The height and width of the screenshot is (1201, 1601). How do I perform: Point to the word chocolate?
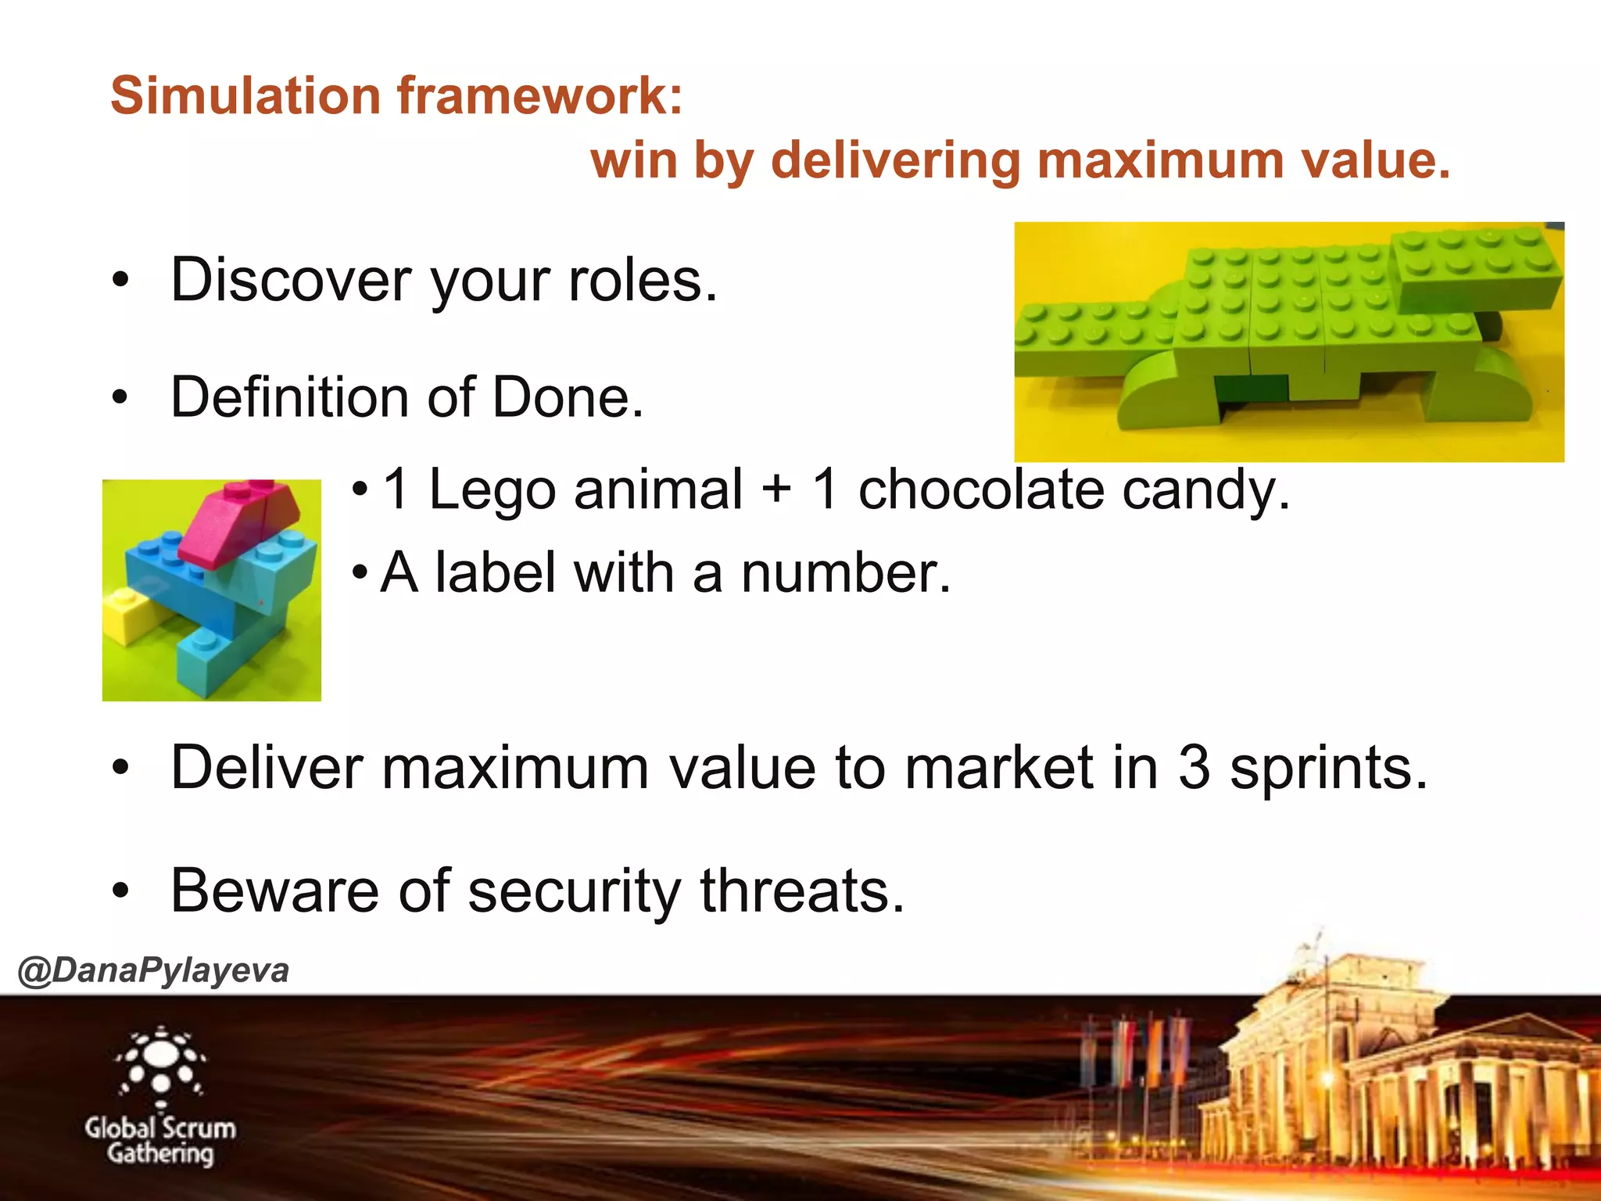pyautogui.click(x=981, y=490)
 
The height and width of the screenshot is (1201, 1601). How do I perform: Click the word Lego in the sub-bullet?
pyautogui.click(x=492, y=490)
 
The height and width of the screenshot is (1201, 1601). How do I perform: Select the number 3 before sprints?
pyautogui.click(x=1194, y=768)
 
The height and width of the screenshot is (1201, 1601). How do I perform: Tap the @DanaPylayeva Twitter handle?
pyautogui.click(x=153, y=971)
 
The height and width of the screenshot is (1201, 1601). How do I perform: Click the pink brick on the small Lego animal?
pyautogui.click(x=235, y=520)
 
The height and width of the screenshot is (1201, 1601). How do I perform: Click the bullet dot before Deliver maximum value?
pyautogui.click(x=120, y=768)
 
